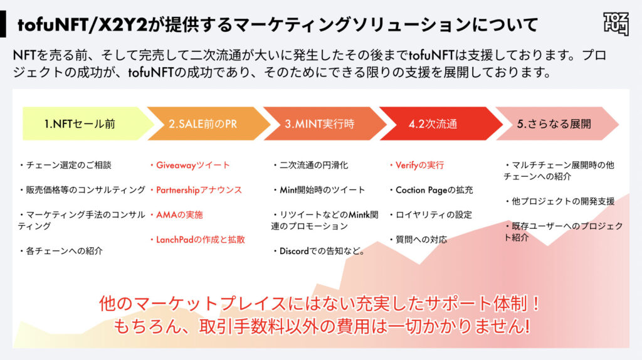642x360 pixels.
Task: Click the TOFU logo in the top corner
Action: point(616,24)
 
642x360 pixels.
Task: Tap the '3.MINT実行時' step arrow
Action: point(319,124)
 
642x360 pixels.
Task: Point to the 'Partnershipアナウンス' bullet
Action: point(196,189)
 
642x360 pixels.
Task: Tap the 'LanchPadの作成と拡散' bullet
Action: point(197,239)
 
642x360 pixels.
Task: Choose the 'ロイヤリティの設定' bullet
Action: point(430,214)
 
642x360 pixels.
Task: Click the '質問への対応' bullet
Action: point(418,239)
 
